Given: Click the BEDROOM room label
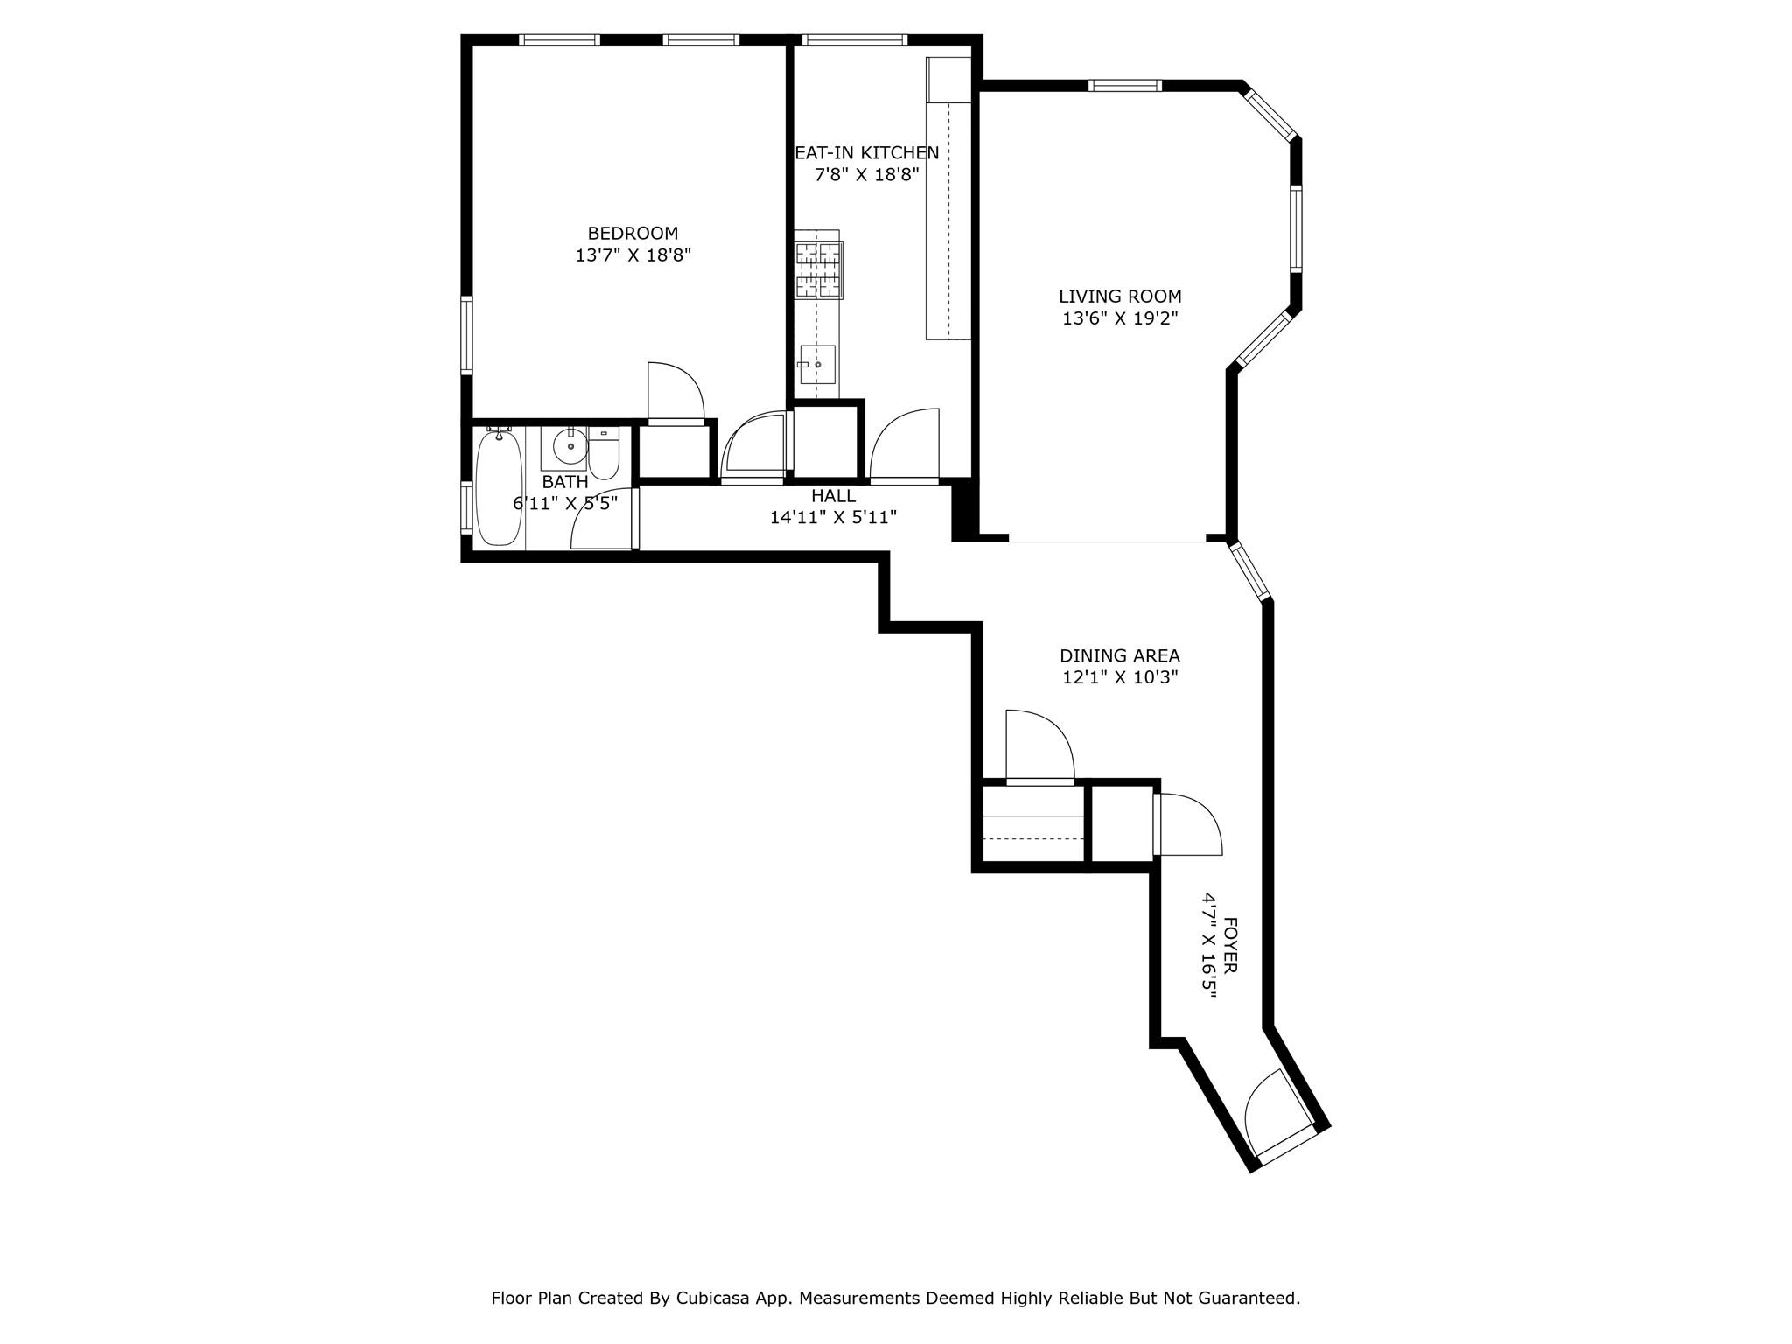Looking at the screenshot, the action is pyautogui.click(x=633, y=234).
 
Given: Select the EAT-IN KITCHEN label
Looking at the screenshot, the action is pyautogui.click(x=867, y=153).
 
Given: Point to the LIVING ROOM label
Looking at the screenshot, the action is pyautogui.click(x=1120, y=297).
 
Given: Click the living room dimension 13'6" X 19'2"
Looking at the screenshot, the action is pyautogui.click(x=1120, y=318).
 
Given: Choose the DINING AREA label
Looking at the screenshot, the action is pyautogui.click(x=1120, y=655).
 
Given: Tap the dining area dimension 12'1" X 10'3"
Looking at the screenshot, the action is pyautogui.click(x=1120, y=677).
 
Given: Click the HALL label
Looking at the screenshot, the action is pyautogui.click(x=833, y=496).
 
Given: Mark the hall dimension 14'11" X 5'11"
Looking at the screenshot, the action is pyautogui.click(x=833, y=518).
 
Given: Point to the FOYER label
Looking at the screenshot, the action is pyautogui.click(x=1229, y=945).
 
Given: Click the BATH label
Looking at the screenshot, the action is pyautogui.click(x=565, y=482).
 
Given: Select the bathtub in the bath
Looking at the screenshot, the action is pyautogui.click(x=500, y=487).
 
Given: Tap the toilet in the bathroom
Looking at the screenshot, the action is pyautogui.click(x=604, y=452).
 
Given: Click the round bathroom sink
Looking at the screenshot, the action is pyautogui.click(x=570, y=447).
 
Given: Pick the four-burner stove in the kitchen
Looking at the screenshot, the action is pyautogui.click(x=817, y=269).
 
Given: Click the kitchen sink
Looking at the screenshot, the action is pyautogui.click(x=817, y=365).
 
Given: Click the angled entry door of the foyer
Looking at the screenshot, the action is pyautogui.click(x=1279, y=1116).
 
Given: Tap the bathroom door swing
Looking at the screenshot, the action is pyautogui.click(x=602, y=518).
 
